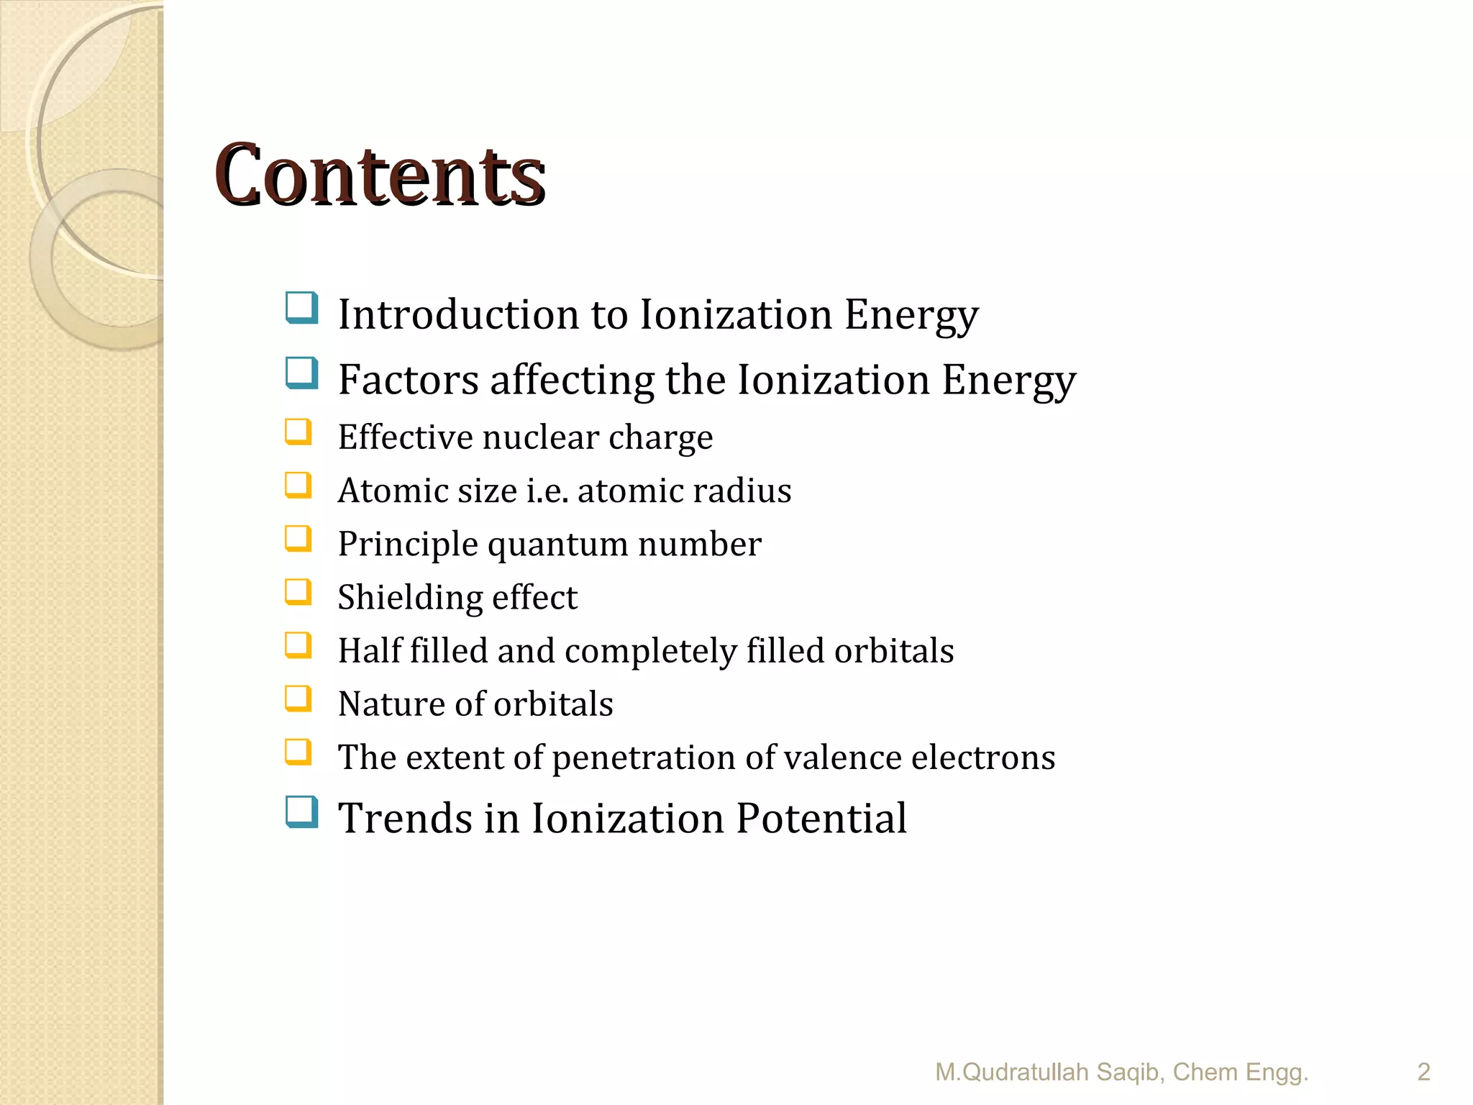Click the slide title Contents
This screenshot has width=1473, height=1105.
[380, 176]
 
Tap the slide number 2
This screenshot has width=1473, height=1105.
[1423, 1072]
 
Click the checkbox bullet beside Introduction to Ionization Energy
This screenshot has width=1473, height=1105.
[301, 308]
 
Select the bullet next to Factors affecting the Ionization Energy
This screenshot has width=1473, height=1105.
[301, 373]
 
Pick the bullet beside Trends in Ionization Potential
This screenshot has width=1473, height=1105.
[301, 812]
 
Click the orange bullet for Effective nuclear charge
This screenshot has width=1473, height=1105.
[298, 432]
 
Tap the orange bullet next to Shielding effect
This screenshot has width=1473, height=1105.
[298, 593]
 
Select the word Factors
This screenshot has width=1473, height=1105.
[409, 380]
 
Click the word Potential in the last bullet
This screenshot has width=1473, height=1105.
[821, 819]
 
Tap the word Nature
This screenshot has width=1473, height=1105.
[386, 704]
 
